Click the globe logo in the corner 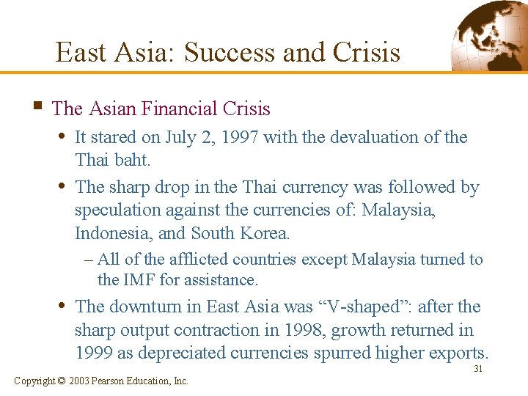(487, 34)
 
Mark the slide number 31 (478, 369)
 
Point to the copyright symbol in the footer (62, 381)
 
